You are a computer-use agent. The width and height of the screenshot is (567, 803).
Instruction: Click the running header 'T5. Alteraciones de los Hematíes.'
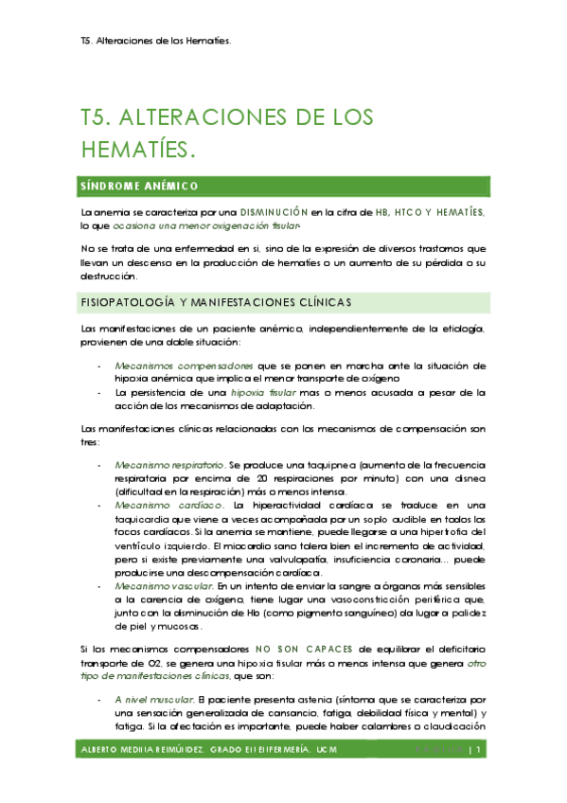click(156, 41)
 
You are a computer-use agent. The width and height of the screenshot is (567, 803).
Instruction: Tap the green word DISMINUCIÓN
click(275, 212)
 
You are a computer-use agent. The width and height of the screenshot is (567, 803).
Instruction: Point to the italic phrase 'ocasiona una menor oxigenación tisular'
click(219, 227)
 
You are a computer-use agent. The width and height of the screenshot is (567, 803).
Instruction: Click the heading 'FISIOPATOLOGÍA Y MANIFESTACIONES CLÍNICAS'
click(216, 302)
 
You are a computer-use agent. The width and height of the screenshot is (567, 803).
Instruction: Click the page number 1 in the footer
click(481, 751)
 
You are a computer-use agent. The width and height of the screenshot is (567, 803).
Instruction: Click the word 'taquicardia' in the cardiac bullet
click(141, 520)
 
